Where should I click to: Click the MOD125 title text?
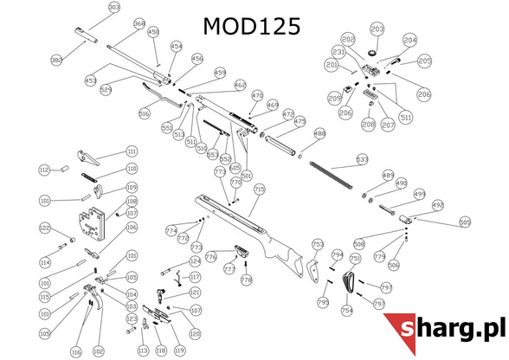point(252,27)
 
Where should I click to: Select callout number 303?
point(114,8)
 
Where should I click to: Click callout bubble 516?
point(145,113)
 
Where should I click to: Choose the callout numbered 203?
point(377,30)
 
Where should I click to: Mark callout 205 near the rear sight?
point(424,61)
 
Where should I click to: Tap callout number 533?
point(362,160)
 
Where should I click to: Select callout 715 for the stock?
point(259,190)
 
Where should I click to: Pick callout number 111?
point(132,151)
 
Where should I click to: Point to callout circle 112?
point(44,170)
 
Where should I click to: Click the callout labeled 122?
point(44,228)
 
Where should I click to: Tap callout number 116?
point(75,351)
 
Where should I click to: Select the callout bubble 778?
point(246,280)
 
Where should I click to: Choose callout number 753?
point(317,245)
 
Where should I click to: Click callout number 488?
point(319,134)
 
